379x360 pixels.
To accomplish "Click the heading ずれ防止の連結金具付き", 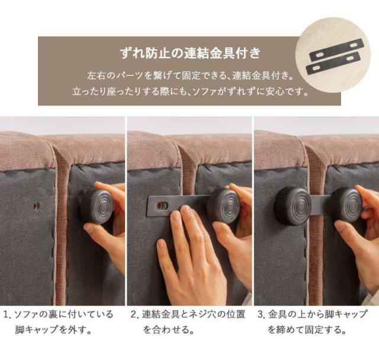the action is point(190,53).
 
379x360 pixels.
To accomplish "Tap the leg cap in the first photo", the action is point(97,207).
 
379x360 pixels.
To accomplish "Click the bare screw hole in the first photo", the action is point(36,206).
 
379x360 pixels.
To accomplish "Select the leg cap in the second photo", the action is point(224,207).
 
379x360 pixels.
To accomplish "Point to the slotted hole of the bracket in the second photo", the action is point(162,206).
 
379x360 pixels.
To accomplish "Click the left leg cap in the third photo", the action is point(293,206).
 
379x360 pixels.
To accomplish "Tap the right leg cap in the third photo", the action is point(346,205).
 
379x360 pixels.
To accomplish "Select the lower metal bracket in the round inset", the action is point(333,63).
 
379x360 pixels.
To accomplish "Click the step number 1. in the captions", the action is point(7,315).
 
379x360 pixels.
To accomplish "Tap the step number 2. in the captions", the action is point(134,315).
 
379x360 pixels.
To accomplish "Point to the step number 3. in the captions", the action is point(261,315).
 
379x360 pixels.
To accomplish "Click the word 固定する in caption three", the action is point(323,330).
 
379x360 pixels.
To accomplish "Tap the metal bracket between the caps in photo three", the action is point(321,205).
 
